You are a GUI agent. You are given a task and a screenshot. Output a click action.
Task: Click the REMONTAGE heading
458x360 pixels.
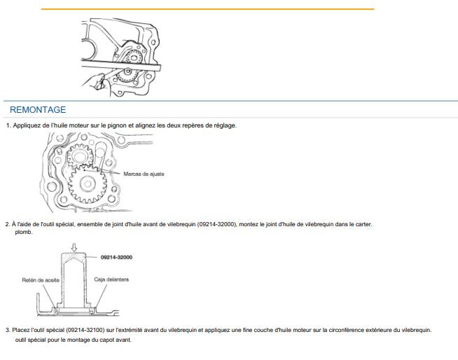pyautogui.click(x=38, y=110)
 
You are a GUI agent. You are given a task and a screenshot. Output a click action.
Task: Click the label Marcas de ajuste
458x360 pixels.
pyautogui.click(x=144, y=174)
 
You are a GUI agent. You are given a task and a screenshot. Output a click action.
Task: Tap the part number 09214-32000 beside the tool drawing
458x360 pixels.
pyautogui.click(x=116, y=258)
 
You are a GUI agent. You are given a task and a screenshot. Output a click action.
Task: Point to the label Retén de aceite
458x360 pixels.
pyautogui.click(x=41, y=280)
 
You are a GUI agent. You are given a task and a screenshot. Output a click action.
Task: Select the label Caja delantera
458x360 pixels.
pyautogui.click(x=111, y=279)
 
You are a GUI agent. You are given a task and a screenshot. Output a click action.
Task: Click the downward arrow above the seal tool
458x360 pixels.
pyautogui.click(x=74, y=247)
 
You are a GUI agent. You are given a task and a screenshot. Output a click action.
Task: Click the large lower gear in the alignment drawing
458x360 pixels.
pyautogui.click(x=88, y=184)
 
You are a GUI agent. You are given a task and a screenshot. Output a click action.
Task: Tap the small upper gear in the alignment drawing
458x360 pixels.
pyautogui.click(x=80, y=156)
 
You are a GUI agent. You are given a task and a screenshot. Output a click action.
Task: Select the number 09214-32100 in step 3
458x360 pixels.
pyautogui.click(x=85, y=330)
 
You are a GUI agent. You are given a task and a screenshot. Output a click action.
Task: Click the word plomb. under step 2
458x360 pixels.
pyautogui.click(x=24, y=233)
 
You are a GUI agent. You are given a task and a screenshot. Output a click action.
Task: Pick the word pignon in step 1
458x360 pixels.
pyautogui.click(x=117, y=125)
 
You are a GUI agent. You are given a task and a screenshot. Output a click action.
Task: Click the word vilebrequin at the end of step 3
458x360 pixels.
pyautogui.click(x=416, y=330)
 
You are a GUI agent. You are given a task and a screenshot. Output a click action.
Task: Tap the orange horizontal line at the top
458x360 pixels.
pyautogui.click(x=208, y=9)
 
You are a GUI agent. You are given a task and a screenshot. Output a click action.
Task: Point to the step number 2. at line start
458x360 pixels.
pyautogui.click(x=8, y=224)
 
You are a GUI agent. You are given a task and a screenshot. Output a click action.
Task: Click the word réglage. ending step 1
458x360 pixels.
pyautogui.click(x=225, y=125)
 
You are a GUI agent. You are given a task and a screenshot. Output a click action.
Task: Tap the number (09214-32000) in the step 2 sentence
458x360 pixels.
pyautogui.click(x=216, y=224)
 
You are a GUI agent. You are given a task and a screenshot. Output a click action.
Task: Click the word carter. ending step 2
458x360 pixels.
pyautogui.click(x=363, y=224)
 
